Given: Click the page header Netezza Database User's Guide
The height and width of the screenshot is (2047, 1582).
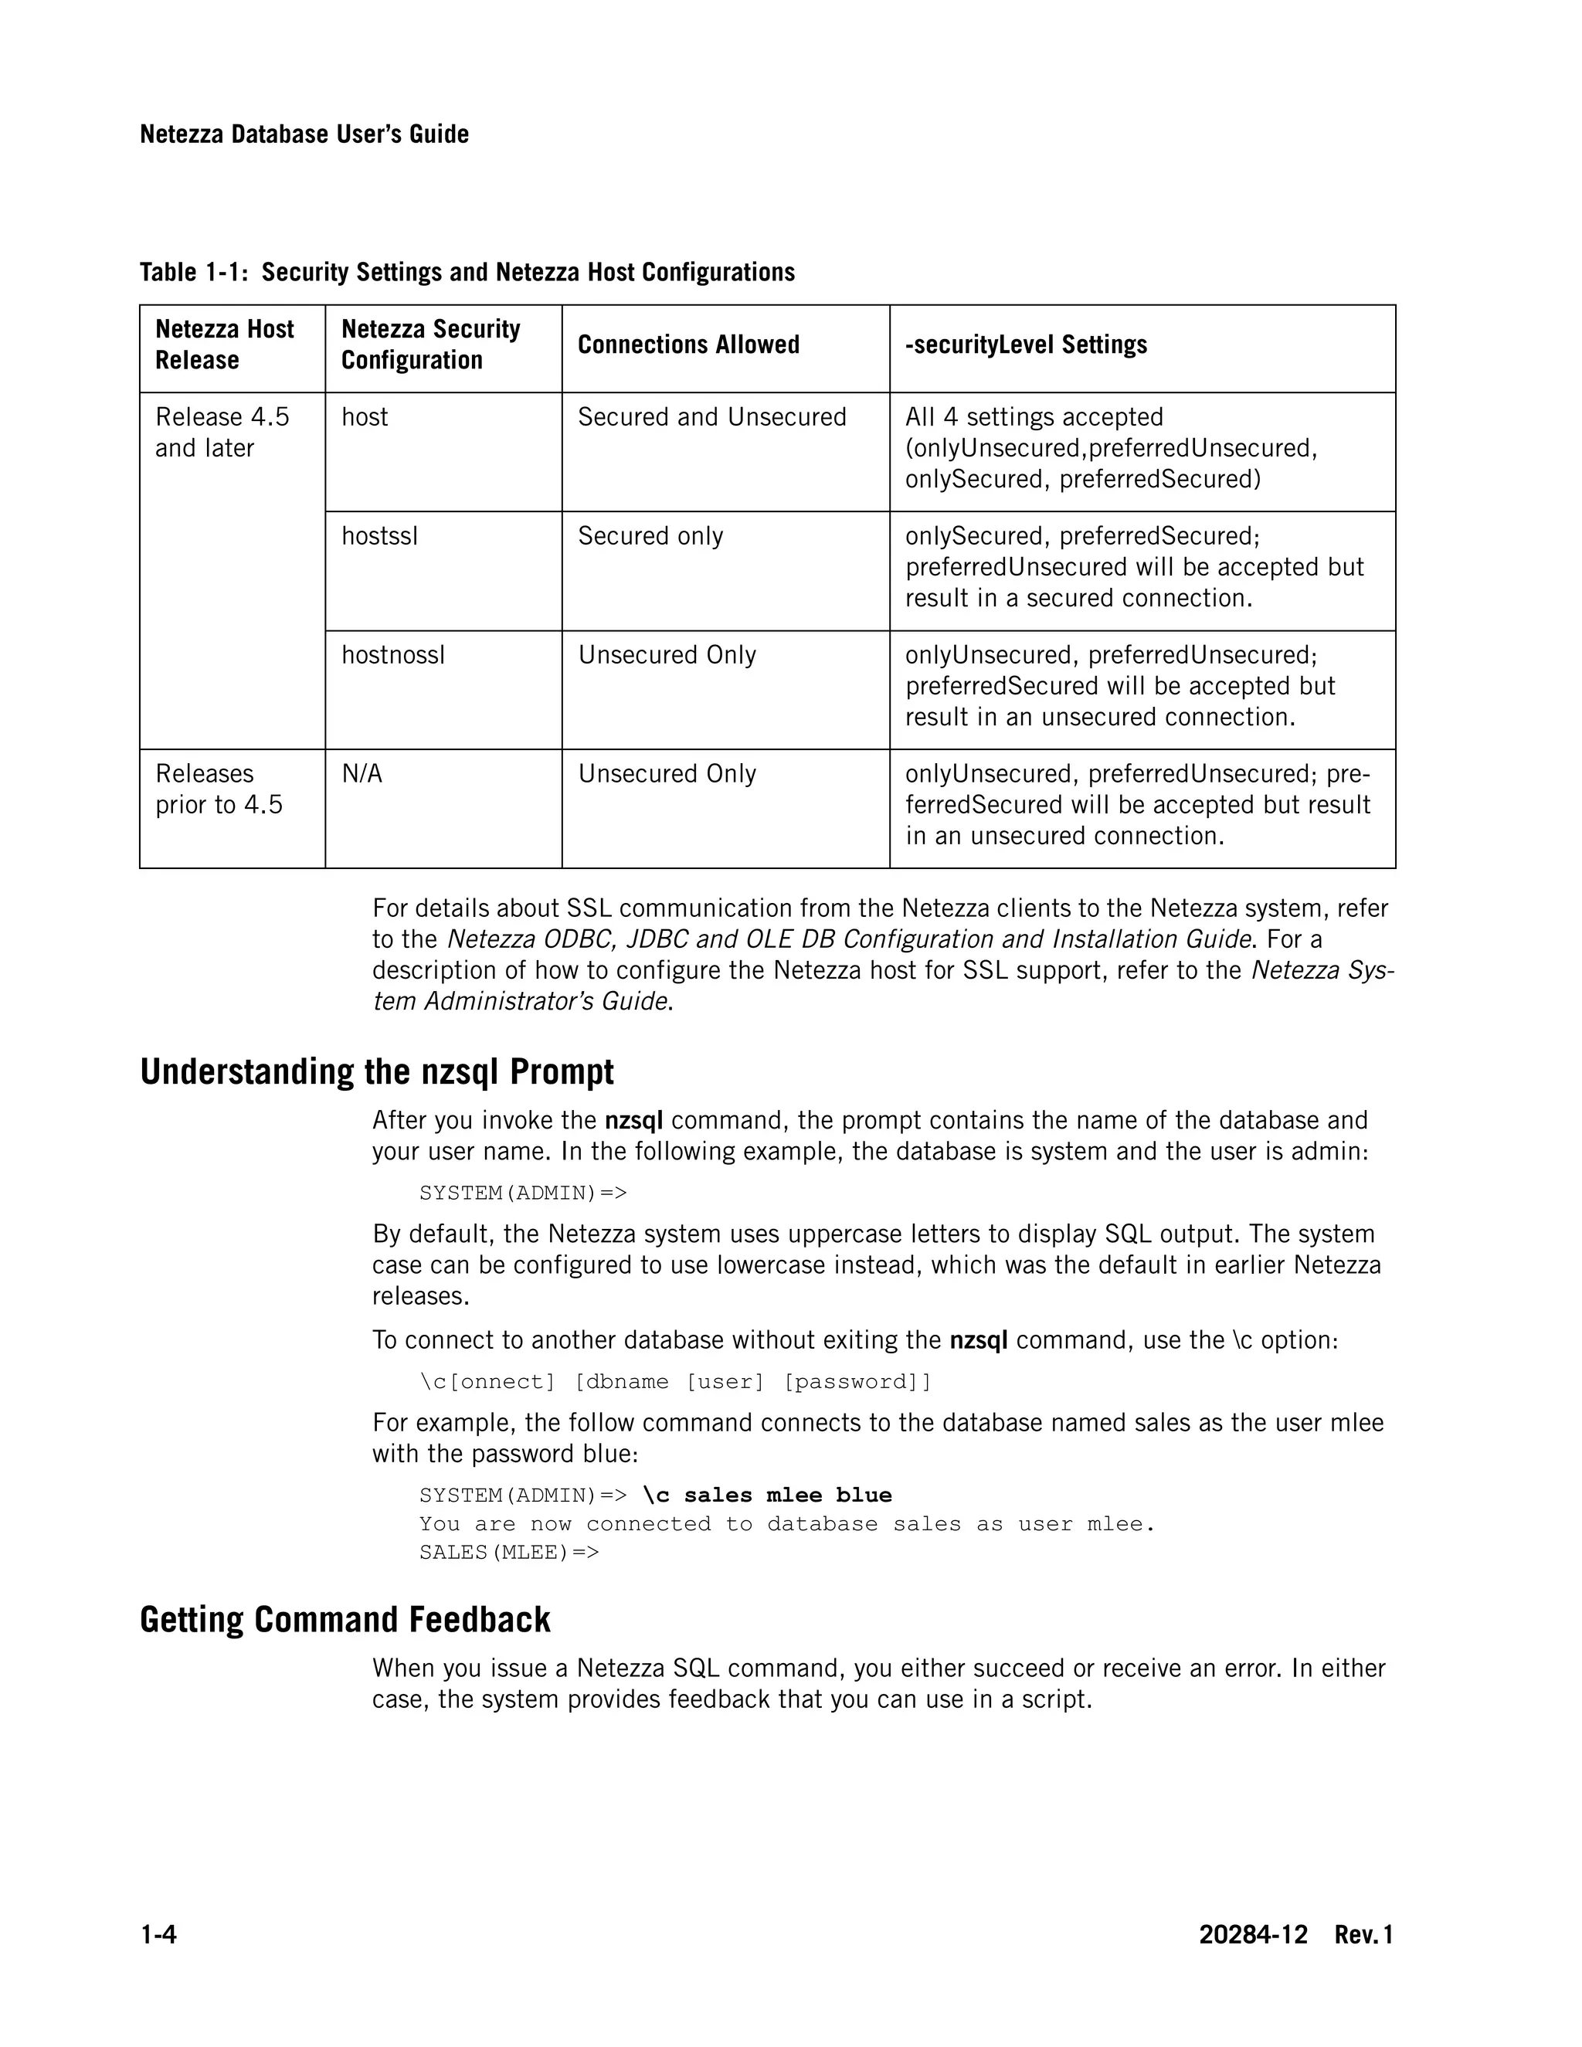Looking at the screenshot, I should [304, 134].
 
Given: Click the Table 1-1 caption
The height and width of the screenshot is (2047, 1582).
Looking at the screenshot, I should [467, 272].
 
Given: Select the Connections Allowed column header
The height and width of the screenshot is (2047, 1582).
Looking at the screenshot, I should [688, 345].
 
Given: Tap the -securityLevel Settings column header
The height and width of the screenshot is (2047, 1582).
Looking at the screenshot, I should [1025, 345].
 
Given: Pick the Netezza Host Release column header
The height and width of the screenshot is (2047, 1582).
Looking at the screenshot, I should [224, 345].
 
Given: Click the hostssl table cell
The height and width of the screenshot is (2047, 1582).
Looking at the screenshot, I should [379, 536].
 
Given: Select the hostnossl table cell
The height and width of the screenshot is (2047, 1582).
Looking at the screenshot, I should [392, 655].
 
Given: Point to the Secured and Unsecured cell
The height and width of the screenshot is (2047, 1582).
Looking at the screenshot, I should [711, 417].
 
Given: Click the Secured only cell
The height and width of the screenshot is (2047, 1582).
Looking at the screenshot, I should [650, 536].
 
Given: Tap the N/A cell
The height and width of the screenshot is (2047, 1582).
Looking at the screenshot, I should [362, 774].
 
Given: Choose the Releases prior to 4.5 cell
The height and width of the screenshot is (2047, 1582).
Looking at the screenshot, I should [219, 789].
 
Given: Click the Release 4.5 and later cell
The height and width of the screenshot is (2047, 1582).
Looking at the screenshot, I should [222, 432].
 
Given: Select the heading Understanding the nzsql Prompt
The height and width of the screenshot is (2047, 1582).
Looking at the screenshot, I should [377, 1071].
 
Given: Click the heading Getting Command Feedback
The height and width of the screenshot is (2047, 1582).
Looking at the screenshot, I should [345, 1620].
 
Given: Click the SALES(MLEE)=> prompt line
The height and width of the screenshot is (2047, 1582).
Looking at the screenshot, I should [509, 1552].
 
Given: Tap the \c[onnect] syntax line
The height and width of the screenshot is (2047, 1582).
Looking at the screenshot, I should [675, 1382].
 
